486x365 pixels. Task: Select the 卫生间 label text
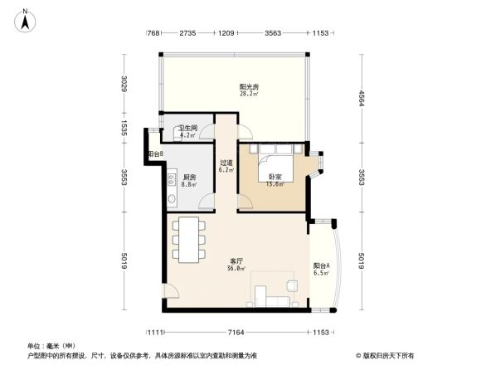(x=188, y=128)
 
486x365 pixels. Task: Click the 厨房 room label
(x=190, y=177)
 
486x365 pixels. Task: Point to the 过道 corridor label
(x=226, y=163)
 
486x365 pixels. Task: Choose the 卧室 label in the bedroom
(x=275, y=177)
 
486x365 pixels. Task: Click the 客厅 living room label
(x=236, y=260)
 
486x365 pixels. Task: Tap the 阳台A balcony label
(x=322, y=265)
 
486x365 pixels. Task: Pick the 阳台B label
(x=155, y=154)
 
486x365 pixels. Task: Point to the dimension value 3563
(x=273, y=34)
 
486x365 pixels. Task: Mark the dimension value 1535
(x=123, y=128)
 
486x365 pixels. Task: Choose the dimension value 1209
(x=226, y=34)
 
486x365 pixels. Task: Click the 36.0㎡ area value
(x=236, y=269)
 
